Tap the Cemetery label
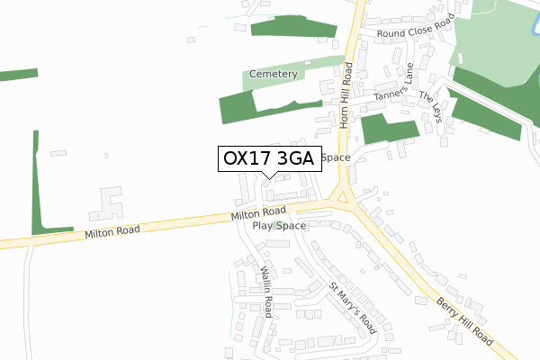tap(274, 75)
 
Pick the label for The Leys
tap(429, 109)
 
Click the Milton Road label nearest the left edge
tap(112, 232)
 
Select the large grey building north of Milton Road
tap(107, 203)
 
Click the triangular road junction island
tap(342, 194)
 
